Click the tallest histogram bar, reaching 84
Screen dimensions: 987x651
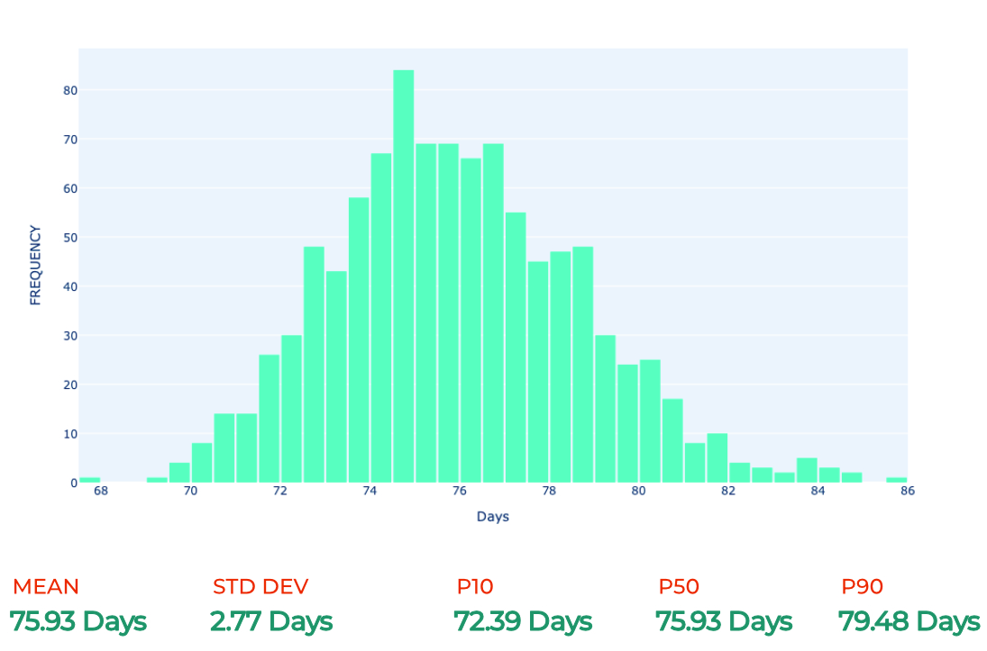[404, 276]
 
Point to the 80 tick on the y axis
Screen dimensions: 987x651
[70, 91]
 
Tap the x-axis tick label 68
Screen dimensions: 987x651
[101, 491]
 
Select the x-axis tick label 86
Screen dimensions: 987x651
[907, 491]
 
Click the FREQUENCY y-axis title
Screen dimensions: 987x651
[35, 266]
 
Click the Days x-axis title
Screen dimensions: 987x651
[493, 517]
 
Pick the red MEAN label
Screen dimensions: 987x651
[46, 586]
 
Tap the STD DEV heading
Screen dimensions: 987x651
[260, 586]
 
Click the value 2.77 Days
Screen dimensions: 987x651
[271, 621]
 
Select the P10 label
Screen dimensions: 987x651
[475, 586]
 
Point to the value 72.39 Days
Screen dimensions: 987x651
[523, 621]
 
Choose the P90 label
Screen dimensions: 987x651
[863, 586]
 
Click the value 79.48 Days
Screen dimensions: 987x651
[909, 621]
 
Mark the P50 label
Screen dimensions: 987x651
[679, 586]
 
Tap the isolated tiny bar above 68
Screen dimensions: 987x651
[90, 480]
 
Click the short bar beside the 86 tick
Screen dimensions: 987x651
[896, 480]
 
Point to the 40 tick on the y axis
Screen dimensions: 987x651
[70, 287]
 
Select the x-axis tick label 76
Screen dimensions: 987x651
[460, 491]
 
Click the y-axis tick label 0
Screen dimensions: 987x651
[74, 483]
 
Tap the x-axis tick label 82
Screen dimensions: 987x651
[728, 491]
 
